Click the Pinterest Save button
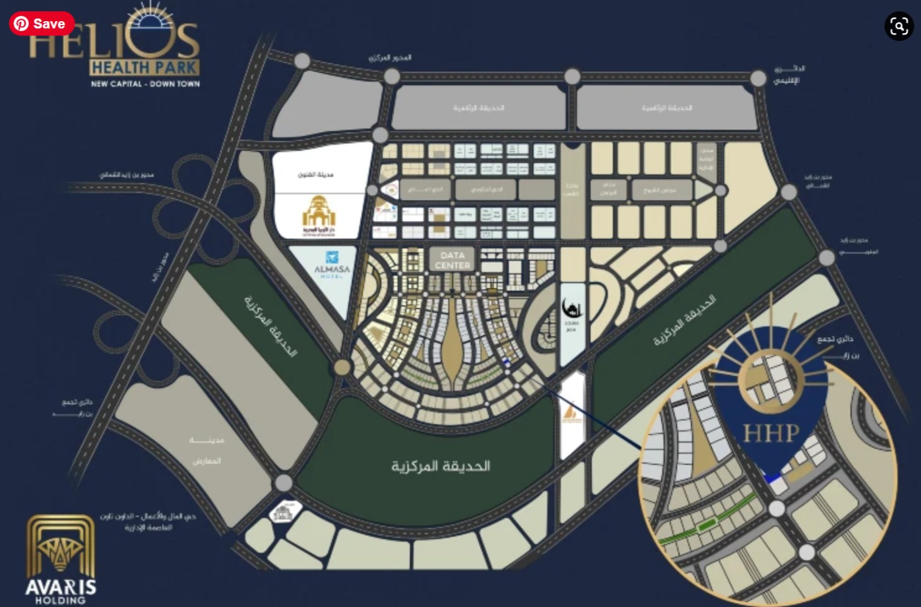coord(42,24)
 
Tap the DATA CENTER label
coord(453,260)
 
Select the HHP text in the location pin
coord(771,433)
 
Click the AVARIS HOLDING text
coord(61,591)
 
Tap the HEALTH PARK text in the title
coord(144,67)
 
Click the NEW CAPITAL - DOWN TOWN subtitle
coord(145,84)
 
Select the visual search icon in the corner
coord(899,26)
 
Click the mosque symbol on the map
coord(571,308)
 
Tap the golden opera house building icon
coord(319,211)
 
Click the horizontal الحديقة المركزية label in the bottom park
coord(441,466)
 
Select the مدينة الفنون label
coord(317,175)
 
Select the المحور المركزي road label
coord(390,58)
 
